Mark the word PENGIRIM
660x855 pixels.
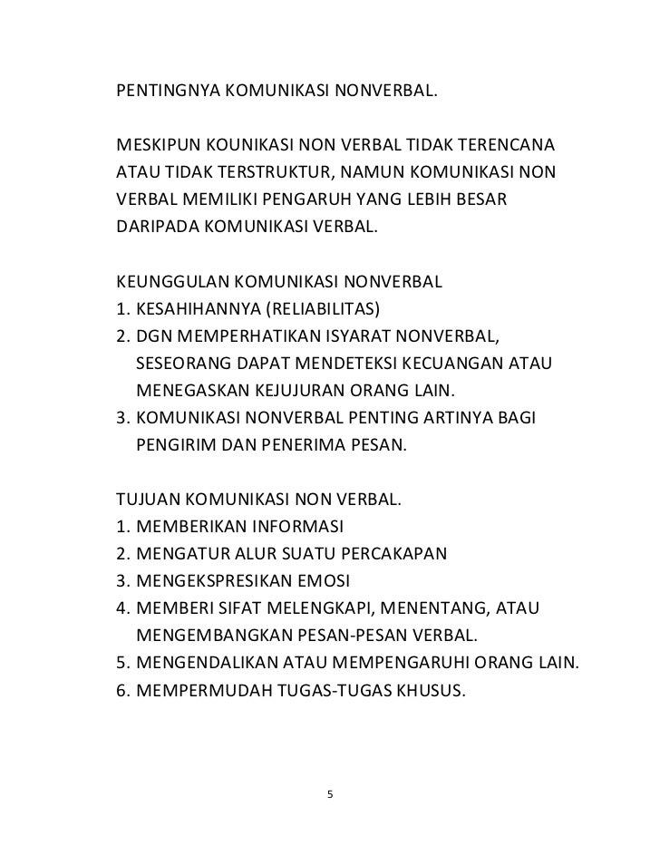coord(174,445)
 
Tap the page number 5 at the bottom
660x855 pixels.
coord(330,795)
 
